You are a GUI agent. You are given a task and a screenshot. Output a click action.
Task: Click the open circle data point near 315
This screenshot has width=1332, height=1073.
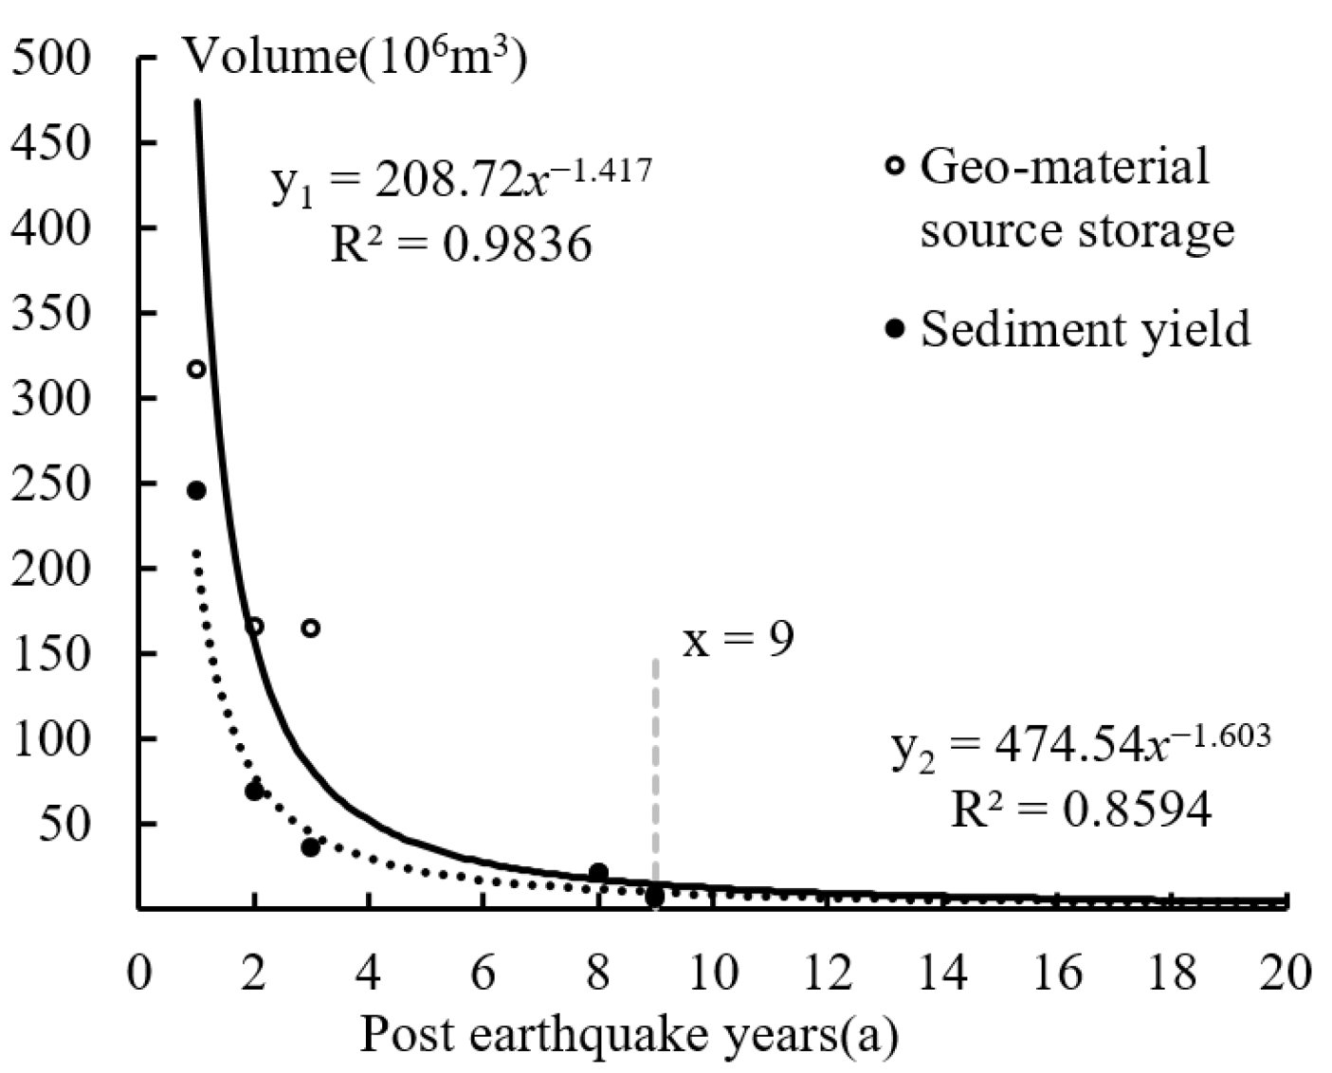tap(196, 369)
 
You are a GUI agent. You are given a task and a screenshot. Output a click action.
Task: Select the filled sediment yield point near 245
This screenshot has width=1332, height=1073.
tap(196, 490)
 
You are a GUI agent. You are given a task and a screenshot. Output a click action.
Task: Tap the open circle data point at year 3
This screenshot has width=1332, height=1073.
tap(311, 627)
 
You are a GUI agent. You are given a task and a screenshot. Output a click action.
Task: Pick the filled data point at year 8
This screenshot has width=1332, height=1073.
tap(598, 872)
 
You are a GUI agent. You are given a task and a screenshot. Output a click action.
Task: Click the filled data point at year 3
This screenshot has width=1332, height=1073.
tap(311, 846)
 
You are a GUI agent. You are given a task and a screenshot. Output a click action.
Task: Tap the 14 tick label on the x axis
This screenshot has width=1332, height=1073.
tap(943, 973)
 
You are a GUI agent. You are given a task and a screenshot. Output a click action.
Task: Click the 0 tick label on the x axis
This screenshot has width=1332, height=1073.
tap(140, 973)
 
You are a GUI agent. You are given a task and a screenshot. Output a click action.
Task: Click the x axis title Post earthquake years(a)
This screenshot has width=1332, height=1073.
tap(629, 1035)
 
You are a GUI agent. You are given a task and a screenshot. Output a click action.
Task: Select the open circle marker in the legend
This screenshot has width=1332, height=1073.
tap(894, 166)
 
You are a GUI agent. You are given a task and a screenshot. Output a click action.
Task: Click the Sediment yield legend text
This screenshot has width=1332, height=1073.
tap(1085, 329)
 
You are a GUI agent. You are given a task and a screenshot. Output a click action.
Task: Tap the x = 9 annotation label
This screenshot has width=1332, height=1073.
tap(738, 641)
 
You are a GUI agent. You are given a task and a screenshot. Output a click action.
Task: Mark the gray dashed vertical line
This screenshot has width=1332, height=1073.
tap(655, 758)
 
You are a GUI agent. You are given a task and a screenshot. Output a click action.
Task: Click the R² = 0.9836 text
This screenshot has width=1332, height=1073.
tap(461, 245)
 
